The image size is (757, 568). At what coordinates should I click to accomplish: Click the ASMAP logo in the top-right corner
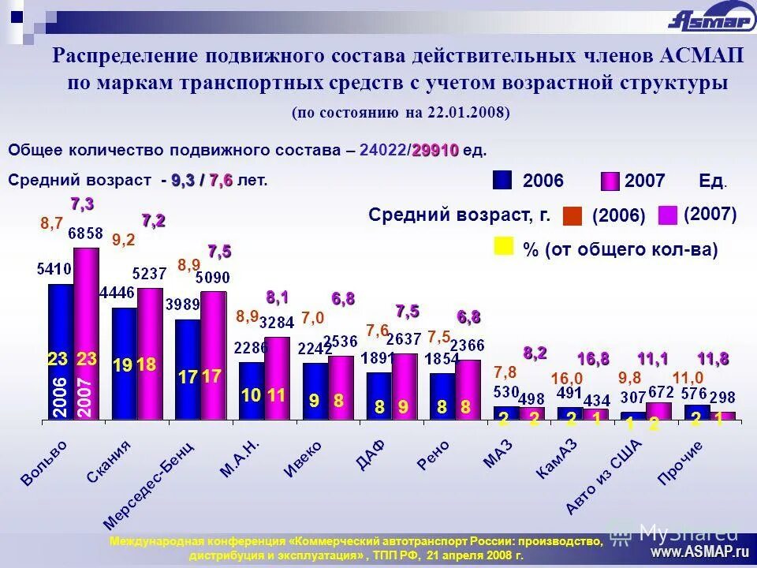click(x=710, y=18)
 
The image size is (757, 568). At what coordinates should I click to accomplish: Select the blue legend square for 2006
click(x=502, y=181)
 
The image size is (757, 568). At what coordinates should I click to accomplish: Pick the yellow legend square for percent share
click(x=502, y=246)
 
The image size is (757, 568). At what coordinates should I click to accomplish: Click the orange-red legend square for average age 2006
click(x=572, y=215)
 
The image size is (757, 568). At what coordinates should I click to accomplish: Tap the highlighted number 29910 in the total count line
click(x=434, y=151)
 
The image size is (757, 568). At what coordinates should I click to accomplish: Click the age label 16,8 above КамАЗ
click(x=592, y=359)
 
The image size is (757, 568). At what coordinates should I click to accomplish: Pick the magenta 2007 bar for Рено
click(x=468, y=389)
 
